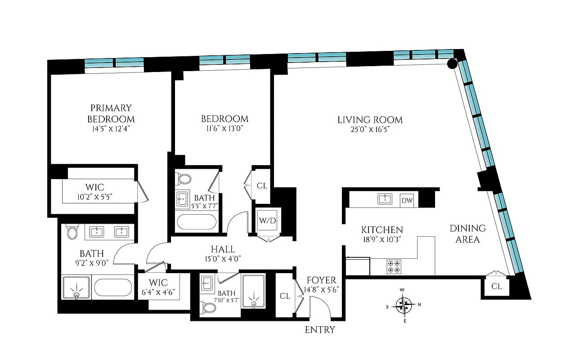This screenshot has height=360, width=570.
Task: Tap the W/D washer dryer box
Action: coord(266,220)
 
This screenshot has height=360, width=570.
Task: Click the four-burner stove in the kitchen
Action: coord(394,266)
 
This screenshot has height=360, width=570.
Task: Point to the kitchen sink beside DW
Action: coord(386,199)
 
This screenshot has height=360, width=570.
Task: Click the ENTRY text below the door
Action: coord(320,330)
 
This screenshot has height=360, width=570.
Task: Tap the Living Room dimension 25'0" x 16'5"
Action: coord(370,130)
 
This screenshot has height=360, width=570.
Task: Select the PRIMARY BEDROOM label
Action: coord(111,113)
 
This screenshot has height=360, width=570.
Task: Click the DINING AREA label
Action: coord(467,234)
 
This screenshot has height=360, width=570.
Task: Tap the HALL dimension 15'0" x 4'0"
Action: coord(223,259)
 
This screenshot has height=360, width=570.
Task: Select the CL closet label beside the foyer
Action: coord(285,296)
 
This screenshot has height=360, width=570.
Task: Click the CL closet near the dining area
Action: coord(496,286)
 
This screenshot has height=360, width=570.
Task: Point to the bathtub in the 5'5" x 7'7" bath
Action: coord(196,223)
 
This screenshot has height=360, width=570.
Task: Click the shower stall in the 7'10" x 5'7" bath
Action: coord(254,291)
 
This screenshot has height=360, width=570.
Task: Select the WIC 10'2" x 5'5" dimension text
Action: coord(95,196)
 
